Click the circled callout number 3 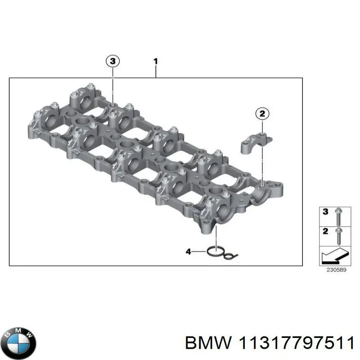click(x=113, y=61)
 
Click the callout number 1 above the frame click(x=155, y=61)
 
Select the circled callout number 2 click(x=262, y=114)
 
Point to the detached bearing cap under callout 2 click(x=253, y=143)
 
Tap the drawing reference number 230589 click(x=333, y=270)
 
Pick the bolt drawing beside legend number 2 click(x=338, y=236)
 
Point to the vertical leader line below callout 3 click(x=113, y=85)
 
